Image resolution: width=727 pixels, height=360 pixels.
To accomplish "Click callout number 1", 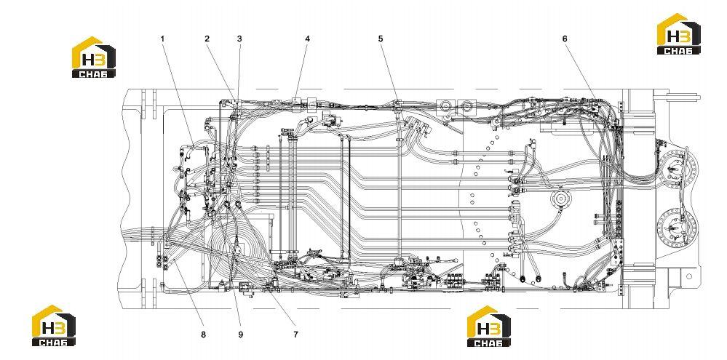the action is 163,39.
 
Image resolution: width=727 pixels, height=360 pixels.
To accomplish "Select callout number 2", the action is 207,39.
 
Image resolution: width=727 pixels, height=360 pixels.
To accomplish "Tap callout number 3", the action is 239,39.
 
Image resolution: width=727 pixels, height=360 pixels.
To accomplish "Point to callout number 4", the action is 307,39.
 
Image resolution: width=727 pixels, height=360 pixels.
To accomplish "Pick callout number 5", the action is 381,39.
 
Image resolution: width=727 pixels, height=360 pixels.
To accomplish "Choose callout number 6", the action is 565,39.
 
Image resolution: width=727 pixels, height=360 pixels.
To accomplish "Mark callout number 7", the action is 295,334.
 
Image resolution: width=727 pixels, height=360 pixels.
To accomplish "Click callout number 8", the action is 203,334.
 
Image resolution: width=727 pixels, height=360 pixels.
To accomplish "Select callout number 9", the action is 241,334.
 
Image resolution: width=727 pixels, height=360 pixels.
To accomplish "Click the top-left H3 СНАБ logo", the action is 94,57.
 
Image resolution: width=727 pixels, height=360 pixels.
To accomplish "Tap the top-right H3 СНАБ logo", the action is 679,34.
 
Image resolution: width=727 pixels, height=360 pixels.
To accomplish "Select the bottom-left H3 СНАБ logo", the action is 54,325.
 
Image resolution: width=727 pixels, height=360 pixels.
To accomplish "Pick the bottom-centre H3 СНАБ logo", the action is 489,326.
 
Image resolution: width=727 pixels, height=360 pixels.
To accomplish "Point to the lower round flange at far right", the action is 678,227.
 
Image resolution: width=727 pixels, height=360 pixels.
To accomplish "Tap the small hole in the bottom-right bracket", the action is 689,276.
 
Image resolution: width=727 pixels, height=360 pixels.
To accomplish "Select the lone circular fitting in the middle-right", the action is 562,200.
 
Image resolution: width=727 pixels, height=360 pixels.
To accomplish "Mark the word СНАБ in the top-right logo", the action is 679,50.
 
